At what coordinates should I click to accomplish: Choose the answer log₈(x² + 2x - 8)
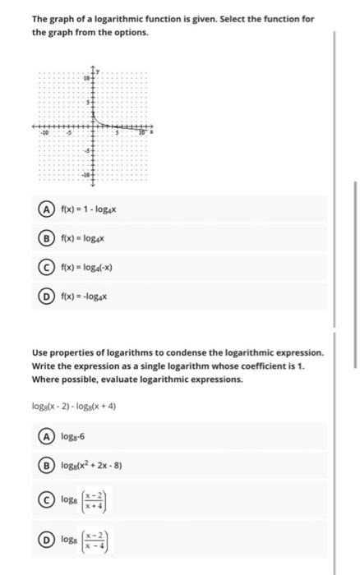(x=97, y=466)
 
